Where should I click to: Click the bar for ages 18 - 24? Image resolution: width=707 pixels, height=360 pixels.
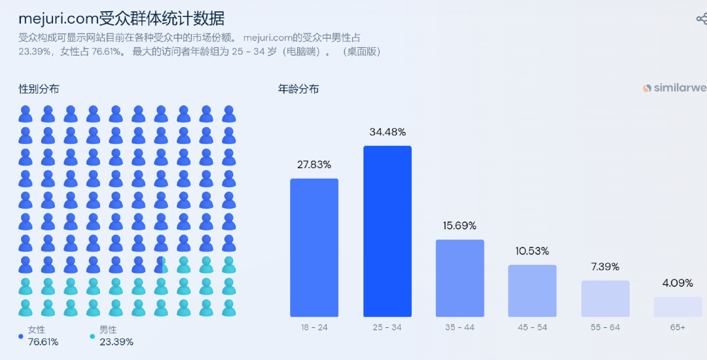314,247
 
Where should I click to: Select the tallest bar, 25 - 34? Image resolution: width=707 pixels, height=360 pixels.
388,231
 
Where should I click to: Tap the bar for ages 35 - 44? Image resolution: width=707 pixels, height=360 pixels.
460,278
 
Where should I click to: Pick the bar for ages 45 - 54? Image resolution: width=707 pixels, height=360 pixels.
532,291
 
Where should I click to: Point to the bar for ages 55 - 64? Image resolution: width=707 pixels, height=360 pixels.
606,298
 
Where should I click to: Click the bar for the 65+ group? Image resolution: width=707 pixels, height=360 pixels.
678,307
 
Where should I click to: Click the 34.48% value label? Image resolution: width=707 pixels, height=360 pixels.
388,132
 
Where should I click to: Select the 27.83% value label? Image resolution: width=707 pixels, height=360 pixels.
314,165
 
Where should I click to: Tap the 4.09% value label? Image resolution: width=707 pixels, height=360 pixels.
678,283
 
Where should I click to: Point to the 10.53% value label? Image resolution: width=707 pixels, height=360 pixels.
532,251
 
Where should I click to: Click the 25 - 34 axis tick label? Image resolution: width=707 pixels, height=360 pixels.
388,327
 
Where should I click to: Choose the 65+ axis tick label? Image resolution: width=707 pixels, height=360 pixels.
678,327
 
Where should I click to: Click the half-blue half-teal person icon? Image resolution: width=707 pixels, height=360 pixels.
161,264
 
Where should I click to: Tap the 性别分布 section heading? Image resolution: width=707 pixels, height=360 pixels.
39,88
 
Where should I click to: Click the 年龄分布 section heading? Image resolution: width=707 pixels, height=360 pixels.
299,88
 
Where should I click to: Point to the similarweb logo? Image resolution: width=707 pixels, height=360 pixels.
674,88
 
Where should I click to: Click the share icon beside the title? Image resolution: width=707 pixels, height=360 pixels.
701,19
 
